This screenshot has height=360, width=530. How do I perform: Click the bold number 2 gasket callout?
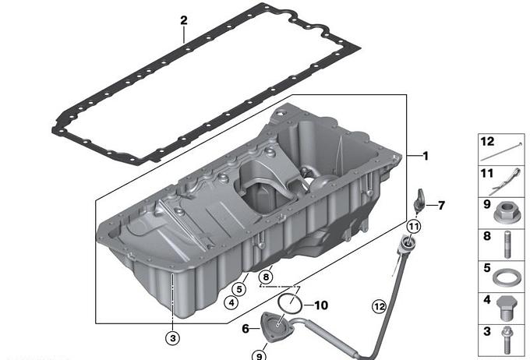coord(183,20)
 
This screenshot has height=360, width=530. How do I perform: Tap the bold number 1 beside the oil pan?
coord(426,156)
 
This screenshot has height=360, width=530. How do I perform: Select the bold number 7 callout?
coord(441,205)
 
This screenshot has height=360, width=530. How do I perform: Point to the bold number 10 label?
coord(321,305)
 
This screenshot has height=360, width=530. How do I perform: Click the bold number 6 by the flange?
coord(246,328)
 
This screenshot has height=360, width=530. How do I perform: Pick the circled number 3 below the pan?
coord(173,337)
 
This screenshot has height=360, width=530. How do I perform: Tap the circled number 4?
coord(231,302)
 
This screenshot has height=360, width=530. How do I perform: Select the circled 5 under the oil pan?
coord(239,289)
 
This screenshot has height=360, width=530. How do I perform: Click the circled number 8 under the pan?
coord(266,277)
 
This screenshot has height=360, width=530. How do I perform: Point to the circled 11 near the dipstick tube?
coord(414,227)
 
